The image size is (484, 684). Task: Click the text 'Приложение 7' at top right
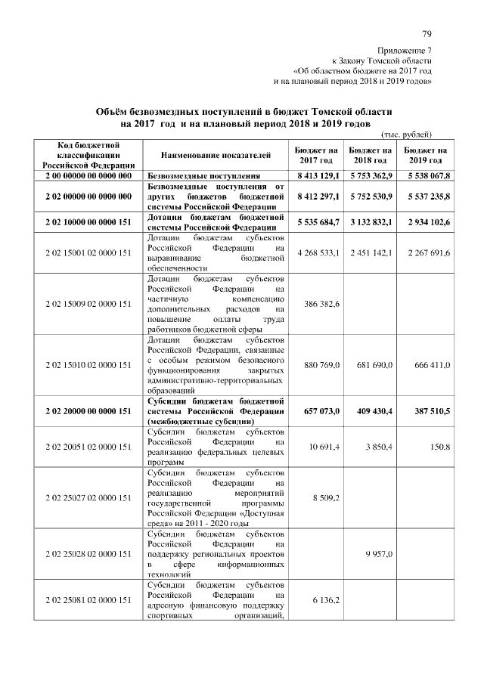coord(405,49)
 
